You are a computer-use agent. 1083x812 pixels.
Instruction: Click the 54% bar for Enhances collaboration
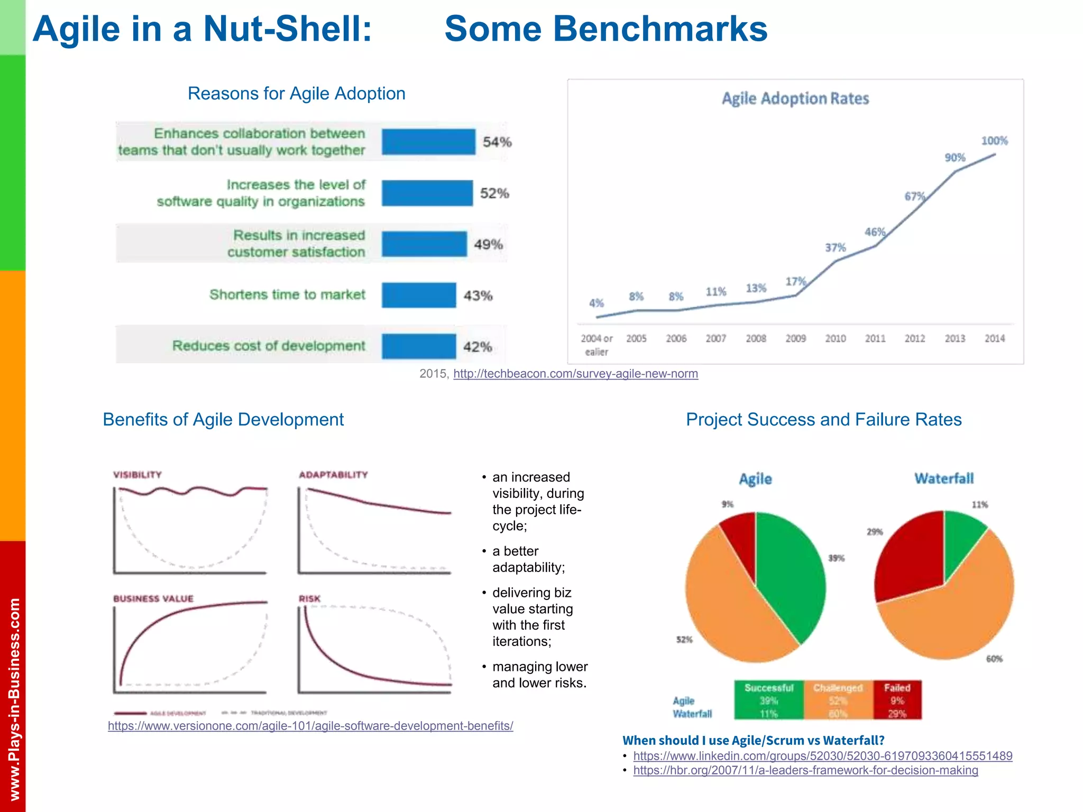[x=428, y=142]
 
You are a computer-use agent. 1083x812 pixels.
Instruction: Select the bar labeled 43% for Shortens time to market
[x=418, y=295]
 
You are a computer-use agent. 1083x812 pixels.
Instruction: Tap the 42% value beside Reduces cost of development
[x=478, y=347]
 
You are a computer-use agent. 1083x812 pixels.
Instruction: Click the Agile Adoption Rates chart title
[x=795, y=99]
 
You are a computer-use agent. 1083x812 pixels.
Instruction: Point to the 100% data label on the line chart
[x=994, y=141]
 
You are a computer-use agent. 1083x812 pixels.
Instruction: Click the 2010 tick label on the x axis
[x=836, y=338]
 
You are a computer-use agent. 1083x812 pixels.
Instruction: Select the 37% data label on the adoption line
[x=836, y=247]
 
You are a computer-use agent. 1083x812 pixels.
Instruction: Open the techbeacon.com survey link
[x=575, y=374]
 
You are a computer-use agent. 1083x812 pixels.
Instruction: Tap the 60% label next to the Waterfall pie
[x=994, y=659]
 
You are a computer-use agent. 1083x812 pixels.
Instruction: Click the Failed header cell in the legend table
[x=897, y=688]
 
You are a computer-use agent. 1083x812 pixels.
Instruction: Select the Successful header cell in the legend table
[x=769, y=688]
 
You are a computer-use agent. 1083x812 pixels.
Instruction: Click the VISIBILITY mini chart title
[x=137, y=475]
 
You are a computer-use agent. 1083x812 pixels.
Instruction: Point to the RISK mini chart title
[x=309, y=598]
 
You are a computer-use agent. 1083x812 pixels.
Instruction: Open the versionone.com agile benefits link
[x=310, y=726]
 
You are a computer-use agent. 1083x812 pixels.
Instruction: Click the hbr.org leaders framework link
[x=805, y=770]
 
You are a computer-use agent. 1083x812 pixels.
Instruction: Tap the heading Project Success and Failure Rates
[x=823, y=419]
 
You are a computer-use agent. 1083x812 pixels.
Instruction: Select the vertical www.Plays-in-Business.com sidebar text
[x=14, y=698]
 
